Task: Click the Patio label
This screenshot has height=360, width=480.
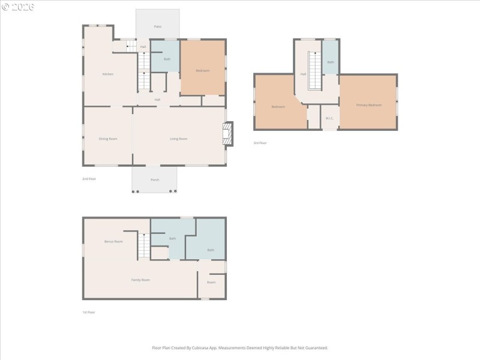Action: click(x=157, y=26)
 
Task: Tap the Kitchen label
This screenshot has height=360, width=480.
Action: click(x=107, y=74)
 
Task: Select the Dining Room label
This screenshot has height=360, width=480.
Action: click(x=108, y=139)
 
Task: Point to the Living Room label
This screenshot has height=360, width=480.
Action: click(x=178, y=139)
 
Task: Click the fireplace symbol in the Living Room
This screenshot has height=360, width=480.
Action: click(x=227, y=134)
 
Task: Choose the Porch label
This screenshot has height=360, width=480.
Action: click(x=155, y=179)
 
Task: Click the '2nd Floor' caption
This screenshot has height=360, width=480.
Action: click(x=89, y=179)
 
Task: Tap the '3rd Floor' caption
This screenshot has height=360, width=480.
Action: click(x=260, y=143)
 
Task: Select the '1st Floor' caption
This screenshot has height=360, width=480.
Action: click(x=89, y=312)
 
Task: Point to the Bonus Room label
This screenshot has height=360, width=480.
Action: click(x=113, y=241)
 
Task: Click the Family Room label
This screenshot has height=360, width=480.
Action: click(x=140, y=280)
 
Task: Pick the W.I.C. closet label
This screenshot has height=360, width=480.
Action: click(x=329, y=118)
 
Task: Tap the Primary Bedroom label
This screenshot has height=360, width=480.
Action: click(x=368, y=105)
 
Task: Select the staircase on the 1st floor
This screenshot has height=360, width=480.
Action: click(x=143, y=246)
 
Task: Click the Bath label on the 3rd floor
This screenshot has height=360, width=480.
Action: click(x=331, y=62)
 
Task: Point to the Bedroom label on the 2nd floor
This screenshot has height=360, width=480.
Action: click(x=203, y=71)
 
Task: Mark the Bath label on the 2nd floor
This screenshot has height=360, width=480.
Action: click(x=167, y=59)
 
